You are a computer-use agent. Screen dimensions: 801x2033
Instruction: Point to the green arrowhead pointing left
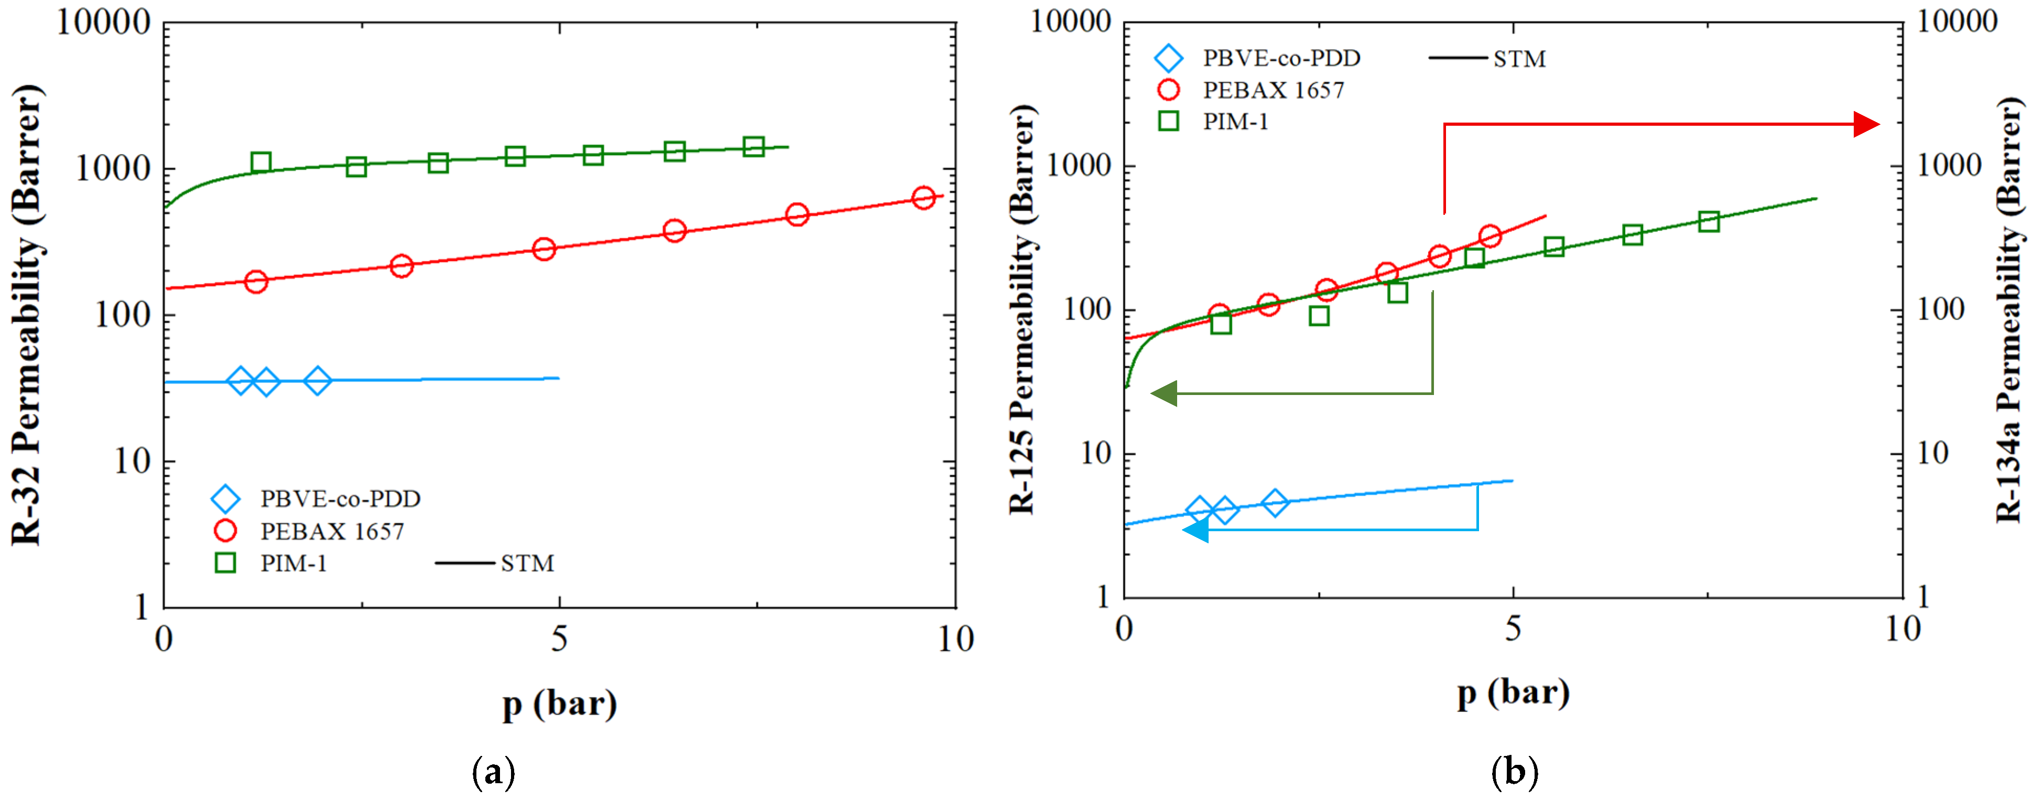pyautogui.click(x=1164, y=393)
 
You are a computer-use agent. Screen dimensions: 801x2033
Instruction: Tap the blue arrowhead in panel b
pyautogui.click(x=1195, y=530)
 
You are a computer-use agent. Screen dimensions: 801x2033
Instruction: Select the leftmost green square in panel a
pyautogui.click(x=261, y=162)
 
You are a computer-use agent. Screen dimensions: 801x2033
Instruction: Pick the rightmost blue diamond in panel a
pyautogui.click(x=317, y=380)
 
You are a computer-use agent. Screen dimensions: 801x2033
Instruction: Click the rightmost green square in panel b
pyautogui.click(x=1709, y=221)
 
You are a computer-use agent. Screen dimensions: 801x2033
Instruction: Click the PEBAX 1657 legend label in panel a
pyautogui.click(x=332, y=531)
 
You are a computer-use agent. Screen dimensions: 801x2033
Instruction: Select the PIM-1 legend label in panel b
pyautogui.click(x=1235, y=122)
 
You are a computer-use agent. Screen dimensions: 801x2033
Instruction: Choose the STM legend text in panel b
pyautogui.click(x=1519, y=59)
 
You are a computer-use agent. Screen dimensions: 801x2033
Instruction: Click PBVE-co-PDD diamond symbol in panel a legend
pyautogui.click(x=226, y=499)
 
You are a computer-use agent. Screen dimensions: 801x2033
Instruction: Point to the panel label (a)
pyautogui.click(x=493, y=771)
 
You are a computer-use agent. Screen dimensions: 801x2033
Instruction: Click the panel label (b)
pyautogui.click(x=1515, y=771)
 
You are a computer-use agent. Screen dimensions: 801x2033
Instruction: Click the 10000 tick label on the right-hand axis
pyautogui.click(x=1957, y=22)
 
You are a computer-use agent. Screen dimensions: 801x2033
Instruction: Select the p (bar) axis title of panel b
pyautogui.click(x=1513, y=693)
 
